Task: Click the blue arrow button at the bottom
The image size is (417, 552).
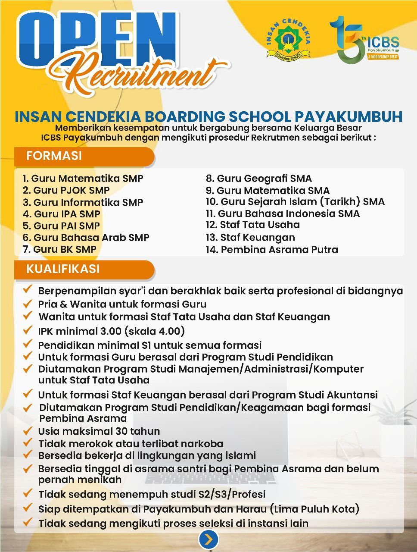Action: coord(208,539)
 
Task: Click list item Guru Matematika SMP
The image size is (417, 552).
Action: coord(83,179)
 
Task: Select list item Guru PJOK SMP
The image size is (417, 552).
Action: coord(66,190)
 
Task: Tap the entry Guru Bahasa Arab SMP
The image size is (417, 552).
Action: coord(86,238)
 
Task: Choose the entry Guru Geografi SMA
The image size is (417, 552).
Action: coord(258,179)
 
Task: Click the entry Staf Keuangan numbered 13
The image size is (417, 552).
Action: coord(250,238)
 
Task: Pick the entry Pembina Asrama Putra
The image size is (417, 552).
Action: coord(272,250)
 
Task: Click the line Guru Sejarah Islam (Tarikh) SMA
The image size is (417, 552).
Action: coord(295,202)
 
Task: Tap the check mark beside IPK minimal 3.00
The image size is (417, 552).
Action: coord(28,331)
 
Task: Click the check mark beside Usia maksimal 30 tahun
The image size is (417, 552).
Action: coord(28,431)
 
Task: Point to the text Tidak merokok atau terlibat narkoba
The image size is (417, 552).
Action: coord(131,444)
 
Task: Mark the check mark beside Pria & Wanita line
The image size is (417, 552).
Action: coord(28,304)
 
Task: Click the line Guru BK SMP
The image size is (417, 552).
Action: coord(59,249)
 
